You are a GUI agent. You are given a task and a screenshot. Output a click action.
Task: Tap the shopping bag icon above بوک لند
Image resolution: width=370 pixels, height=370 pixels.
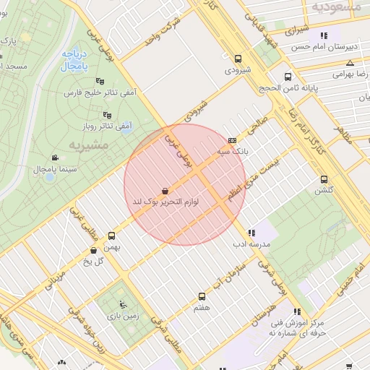(x=166, y=191)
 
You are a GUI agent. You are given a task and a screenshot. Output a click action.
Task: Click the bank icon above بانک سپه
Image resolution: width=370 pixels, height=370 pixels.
(x=232, y=140)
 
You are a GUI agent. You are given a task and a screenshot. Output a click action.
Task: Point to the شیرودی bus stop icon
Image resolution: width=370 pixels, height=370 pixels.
(x=238, y=59)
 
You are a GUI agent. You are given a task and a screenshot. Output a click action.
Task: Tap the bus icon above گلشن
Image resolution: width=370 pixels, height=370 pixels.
(x=323, y=179)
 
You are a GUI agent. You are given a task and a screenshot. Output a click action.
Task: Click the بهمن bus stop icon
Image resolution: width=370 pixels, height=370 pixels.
(x=111, y=236)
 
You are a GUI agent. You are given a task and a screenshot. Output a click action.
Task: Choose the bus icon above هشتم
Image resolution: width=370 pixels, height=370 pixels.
(x=202, y=296)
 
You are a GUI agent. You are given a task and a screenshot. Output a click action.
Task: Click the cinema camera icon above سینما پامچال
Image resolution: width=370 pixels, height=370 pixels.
(x=56, y=158)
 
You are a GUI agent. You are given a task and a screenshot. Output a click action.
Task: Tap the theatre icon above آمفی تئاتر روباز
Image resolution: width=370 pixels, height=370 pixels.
(x=108, y=114)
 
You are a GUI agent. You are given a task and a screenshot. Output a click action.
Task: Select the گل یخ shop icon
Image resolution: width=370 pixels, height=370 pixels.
(x=93, y=250)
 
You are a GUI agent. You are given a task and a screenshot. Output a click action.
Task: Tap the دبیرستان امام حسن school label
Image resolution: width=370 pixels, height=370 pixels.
(x=324, y=46)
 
